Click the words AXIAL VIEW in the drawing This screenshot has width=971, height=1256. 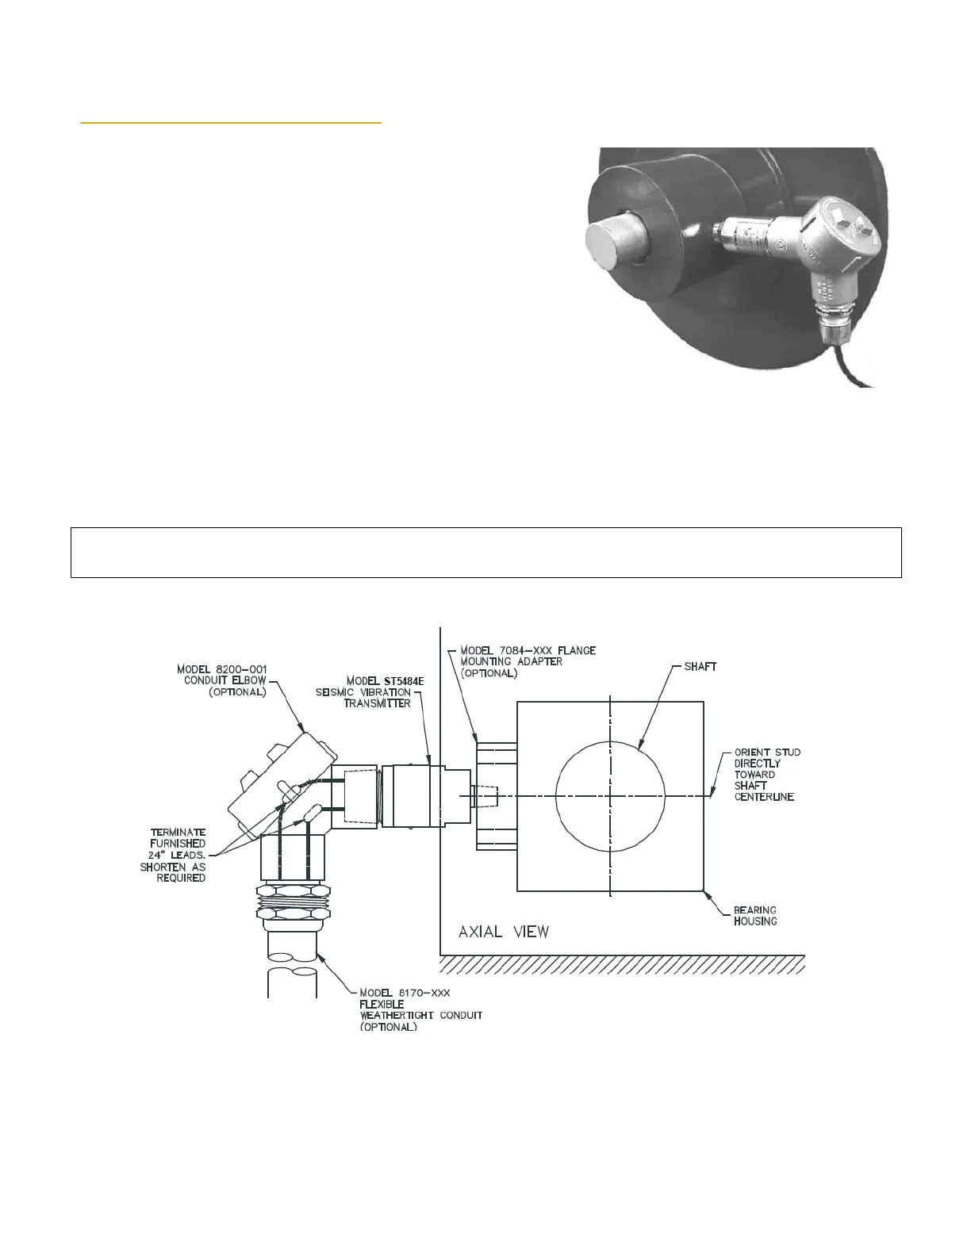pos(503,932)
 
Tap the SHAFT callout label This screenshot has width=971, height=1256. pos(700,666)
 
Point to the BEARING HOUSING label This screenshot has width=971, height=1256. pos(754,916)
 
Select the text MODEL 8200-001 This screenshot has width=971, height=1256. pos(222,669)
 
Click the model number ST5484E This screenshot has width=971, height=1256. pos(404,681)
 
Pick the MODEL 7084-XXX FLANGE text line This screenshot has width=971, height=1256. pos(528,650)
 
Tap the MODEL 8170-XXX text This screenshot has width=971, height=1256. pos(405,993)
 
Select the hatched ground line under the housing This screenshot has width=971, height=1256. pos(622,964)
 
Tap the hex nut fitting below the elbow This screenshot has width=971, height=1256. pos(294,902)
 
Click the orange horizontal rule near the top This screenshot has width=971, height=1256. pos(231,123)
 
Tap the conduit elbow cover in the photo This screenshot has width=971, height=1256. pos(842,228)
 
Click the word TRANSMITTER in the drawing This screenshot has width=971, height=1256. pos(377,703)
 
